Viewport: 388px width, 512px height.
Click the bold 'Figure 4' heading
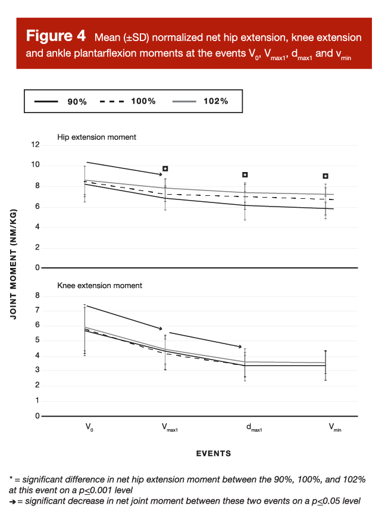57,36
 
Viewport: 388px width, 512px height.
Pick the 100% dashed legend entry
127,101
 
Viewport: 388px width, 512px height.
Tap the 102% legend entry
200,101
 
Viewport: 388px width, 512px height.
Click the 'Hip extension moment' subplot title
96,137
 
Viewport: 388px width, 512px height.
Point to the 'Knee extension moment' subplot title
99,286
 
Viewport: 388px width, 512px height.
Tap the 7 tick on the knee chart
37,310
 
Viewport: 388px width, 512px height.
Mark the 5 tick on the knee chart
37,341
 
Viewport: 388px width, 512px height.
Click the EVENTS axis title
213,454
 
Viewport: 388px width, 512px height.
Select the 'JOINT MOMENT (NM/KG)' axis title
13,264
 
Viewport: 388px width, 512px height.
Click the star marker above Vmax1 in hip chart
165,169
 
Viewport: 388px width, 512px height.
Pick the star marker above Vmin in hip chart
326,176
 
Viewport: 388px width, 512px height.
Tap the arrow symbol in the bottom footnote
12,501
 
